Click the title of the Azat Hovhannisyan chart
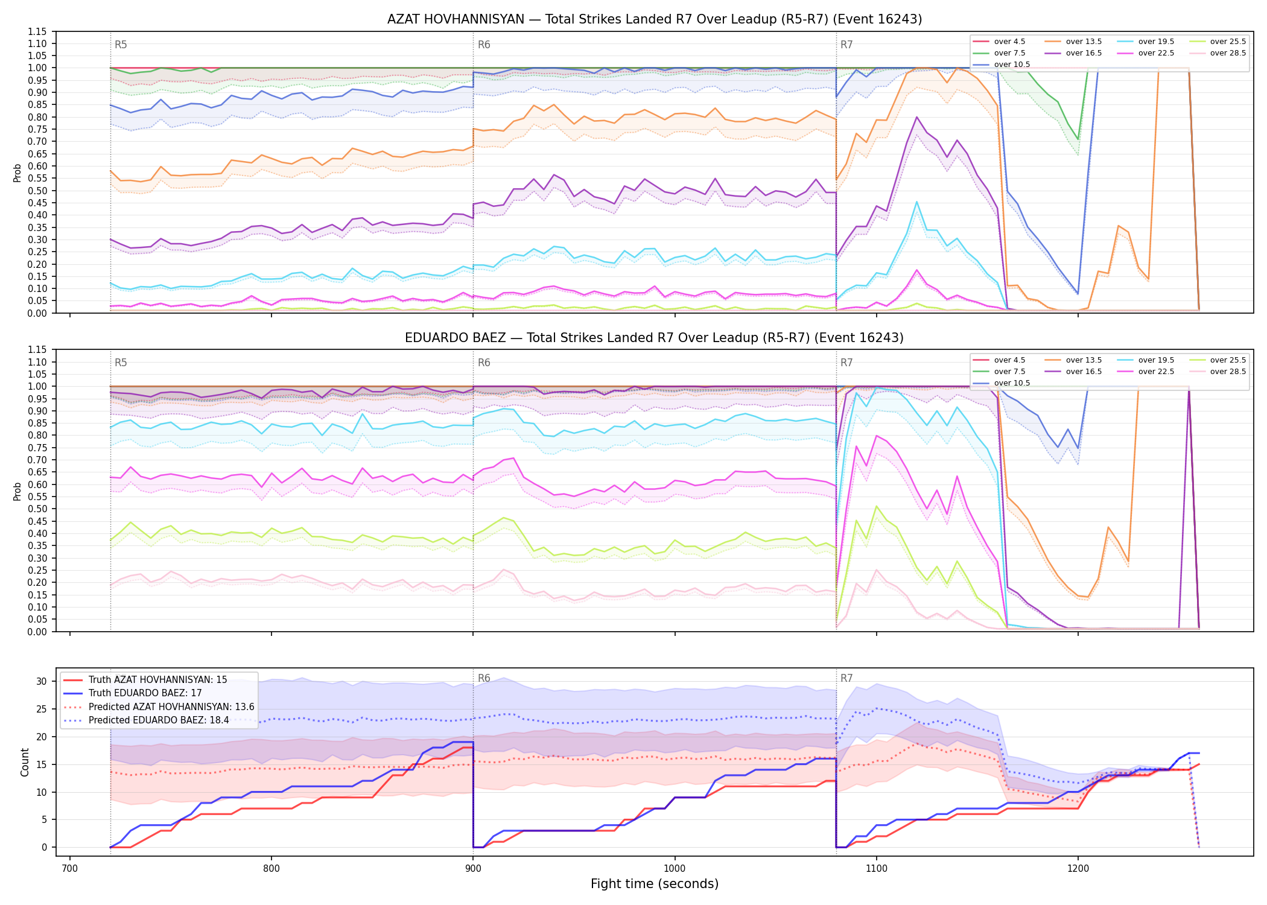coord(655,19)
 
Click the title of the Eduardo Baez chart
coord(655,338)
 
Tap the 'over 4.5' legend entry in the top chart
coord(999,42)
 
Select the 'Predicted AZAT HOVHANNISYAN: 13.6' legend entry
coord(159,707)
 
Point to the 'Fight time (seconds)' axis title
coord(655,884)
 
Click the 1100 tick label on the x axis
coord(876,869)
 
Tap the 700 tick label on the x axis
coord(70,869)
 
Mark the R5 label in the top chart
coord(121,45)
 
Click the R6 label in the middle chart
coord(484,363)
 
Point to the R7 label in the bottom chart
coord(846,678)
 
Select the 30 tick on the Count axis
coord(42,682)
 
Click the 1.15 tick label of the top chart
coord(38,31)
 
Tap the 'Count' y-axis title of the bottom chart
coord(25,762)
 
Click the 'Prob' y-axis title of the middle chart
coord(17,491)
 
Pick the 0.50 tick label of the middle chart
coord(38,509)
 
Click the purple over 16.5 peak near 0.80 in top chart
coord(916,117)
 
